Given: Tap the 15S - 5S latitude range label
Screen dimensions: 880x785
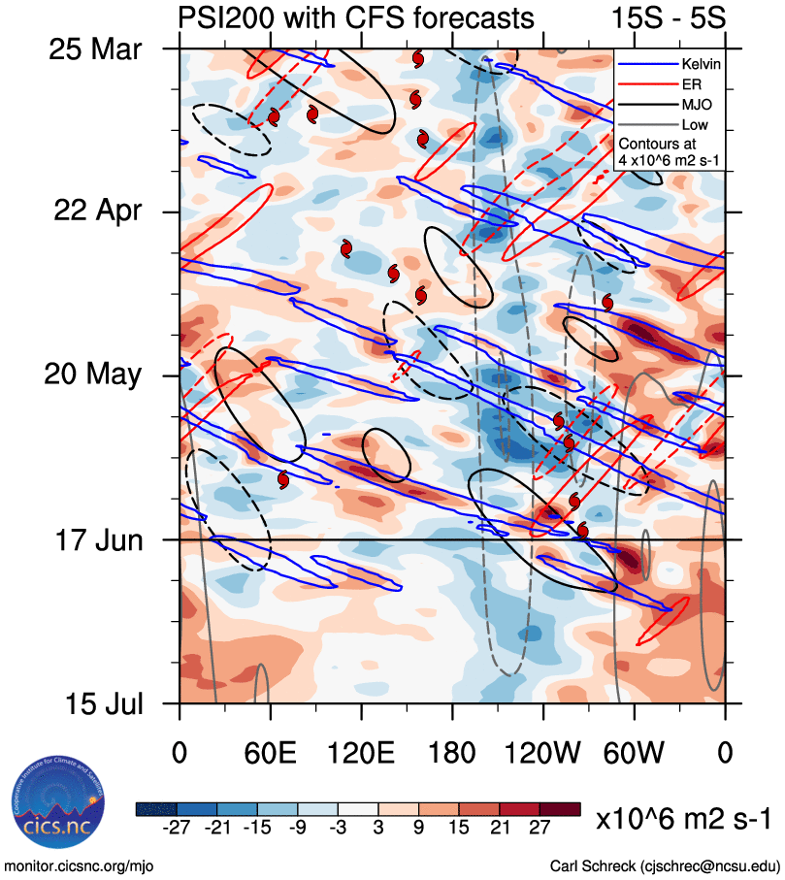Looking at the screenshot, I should tap(669, 17).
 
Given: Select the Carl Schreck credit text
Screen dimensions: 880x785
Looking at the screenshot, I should tap(665, 864).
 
